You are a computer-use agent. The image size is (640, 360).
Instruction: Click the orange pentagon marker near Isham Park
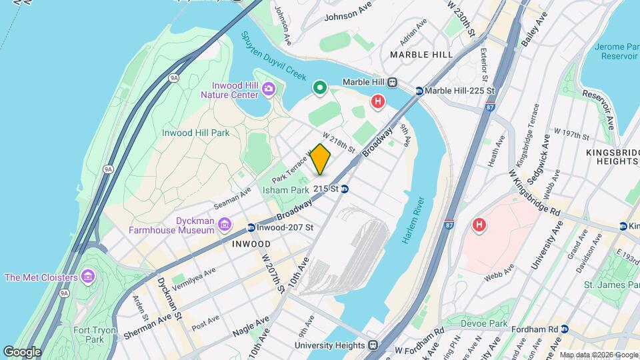321,159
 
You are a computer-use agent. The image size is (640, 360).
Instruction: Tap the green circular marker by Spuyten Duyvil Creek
320,87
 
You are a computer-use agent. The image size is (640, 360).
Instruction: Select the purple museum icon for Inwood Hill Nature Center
269,88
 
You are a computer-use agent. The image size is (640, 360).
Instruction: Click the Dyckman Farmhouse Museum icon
226,223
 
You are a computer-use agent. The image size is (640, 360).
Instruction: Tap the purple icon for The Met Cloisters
87,277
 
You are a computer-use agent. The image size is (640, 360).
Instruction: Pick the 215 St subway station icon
345,189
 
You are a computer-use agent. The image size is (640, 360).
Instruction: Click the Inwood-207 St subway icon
251,228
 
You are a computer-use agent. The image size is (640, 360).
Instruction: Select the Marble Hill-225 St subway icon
419,91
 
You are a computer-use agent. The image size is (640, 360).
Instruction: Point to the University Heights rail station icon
373,345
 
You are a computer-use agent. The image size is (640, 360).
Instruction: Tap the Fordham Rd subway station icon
565,329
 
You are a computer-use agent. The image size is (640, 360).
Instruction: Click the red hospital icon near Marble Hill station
378,102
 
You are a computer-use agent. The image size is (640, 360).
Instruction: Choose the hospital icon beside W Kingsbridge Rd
478,225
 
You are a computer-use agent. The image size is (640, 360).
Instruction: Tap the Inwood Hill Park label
196,133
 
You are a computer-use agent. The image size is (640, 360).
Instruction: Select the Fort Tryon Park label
95,335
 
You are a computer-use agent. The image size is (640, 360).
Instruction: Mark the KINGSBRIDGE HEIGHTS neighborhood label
612,157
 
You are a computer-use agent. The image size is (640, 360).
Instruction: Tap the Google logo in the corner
22,351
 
